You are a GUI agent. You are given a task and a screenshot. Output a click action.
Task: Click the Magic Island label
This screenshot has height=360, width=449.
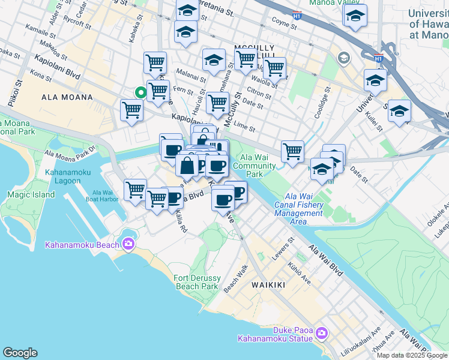coord(31,194)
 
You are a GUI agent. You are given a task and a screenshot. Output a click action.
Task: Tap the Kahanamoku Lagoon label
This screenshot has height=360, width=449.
coord(67,177)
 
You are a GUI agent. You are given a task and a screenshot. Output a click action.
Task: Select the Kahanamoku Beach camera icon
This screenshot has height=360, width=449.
coord(128,243)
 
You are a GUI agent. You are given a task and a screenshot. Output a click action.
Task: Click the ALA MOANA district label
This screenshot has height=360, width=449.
coord(67,97)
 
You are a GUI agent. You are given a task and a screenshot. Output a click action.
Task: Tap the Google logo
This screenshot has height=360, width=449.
coord(20,353)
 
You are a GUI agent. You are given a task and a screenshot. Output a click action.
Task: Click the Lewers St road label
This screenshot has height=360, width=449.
coord(284,246)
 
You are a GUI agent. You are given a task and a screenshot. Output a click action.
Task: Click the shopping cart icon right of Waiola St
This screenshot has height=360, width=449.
coord(274,68)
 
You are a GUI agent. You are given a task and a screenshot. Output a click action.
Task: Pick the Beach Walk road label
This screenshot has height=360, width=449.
coord(235,279)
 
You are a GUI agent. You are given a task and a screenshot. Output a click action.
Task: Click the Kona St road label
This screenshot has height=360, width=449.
coord(41,77)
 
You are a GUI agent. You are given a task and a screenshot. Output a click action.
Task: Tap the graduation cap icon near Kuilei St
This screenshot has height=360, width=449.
coord(399,112)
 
